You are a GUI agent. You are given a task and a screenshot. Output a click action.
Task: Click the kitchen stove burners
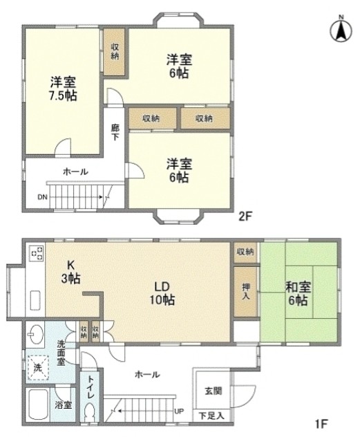[x=36, y=255]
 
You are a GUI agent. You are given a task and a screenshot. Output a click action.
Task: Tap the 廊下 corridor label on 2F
[x=115, y=132]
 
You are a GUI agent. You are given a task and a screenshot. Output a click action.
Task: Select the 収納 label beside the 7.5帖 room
[x=115, y=50]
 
